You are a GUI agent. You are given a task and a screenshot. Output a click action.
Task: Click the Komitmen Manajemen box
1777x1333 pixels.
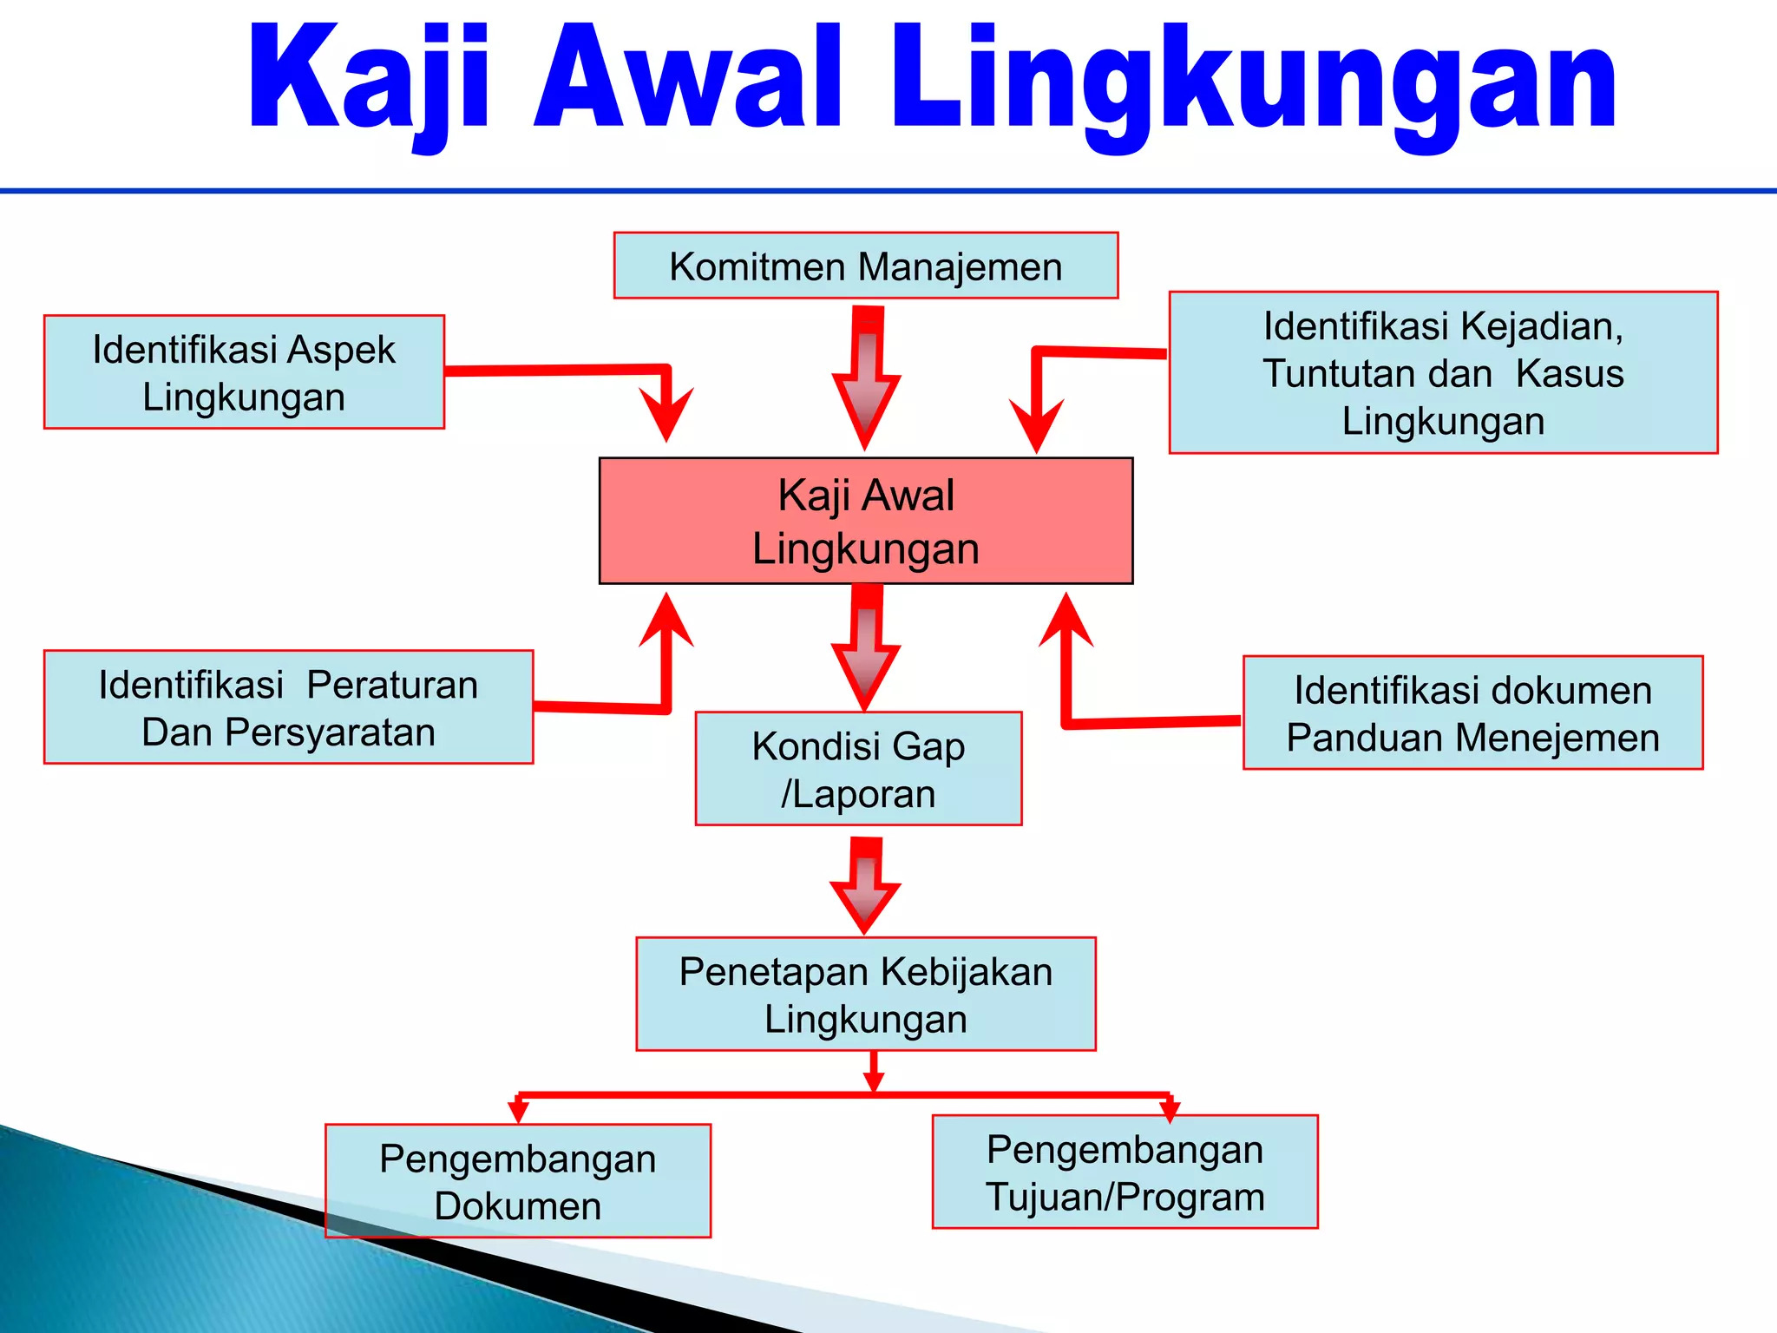865,266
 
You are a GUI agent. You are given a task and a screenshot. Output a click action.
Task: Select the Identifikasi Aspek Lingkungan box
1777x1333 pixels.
244,372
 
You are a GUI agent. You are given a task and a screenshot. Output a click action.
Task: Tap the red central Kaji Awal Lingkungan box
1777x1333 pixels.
865,521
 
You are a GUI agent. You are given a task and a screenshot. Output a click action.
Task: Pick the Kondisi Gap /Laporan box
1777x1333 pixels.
858,769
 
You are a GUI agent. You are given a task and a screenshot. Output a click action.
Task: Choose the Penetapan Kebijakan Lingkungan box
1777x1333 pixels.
865,995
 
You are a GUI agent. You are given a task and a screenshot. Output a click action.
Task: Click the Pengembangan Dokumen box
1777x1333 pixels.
518,1181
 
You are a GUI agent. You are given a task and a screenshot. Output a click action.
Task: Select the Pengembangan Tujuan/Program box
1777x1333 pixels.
1125,1172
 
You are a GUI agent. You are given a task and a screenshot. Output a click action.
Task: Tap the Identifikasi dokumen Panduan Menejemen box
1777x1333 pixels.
1472,713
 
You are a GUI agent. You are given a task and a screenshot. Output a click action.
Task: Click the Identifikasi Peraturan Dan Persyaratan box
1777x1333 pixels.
288,707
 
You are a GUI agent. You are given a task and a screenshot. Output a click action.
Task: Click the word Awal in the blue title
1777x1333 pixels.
688,80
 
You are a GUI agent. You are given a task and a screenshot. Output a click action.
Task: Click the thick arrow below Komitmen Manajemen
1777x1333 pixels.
866,382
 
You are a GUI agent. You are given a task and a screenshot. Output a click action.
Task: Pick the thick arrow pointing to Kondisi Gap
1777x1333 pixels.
866,651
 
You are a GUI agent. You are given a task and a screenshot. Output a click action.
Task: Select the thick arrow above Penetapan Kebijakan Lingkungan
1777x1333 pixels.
865,887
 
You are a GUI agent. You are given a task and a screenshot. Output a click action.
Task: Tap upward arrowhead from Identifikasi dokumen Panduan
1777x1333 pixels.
1066,620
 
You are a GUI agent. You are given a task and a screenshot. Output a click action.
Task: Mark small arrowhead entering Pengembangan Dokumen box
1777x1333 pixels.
518,1111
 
